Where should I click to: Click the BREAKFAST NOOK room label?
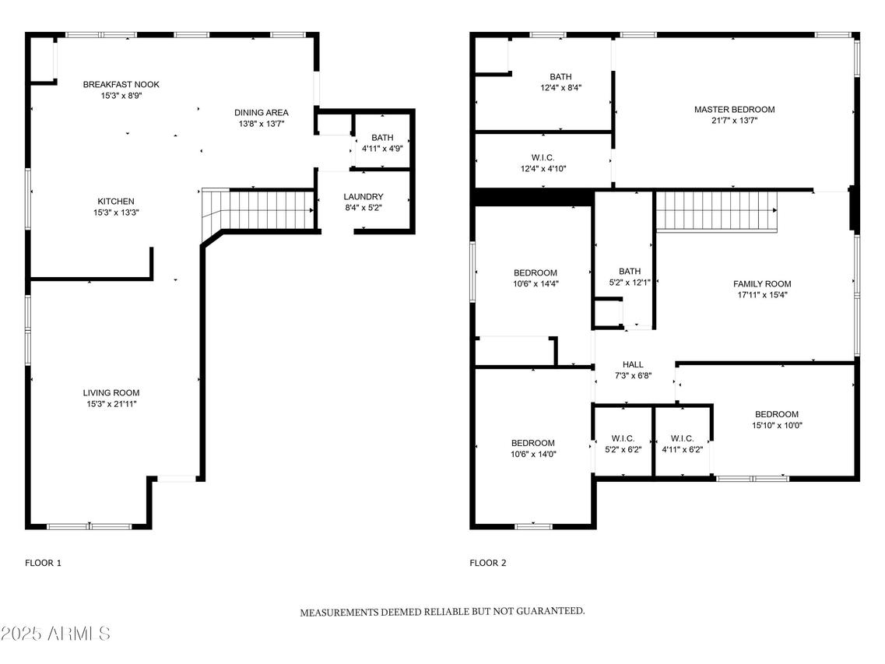[121, 84]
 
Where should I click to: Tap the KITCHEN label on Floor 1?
[116, 201]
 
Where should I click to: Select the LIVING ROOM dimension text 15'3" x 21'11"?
[111, 404]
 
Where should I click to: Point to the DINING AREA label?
[262, 112]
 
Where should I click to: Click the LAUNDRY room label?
[363, 196]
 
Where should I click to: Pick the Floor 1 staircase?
[258, 210]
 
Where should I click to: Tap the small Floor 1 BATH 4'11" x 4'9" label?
[382, 143]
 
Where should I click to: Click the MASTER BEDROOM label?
[734, 109]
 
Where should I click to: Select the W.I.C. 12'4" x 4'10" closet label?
[543, 163]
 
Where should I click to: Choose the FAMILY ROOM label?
[762, 283]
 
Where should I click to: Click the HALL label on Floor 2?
[633, 364]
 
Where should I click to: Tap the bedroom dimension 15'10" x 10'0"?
[777, 425]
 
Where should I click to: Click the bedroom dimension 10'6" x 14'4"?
[536, 284]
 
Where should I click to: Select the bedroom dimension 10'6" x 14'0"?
[533, 454]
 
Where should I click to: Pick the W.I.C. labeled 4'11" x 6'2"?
[682, 444]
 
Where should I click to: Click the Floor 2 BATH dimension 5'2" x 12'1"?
[630, 283]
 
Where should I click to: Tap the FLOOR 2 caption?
[488, 562]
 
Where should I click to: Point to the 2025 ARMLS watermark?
[55, 634]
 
